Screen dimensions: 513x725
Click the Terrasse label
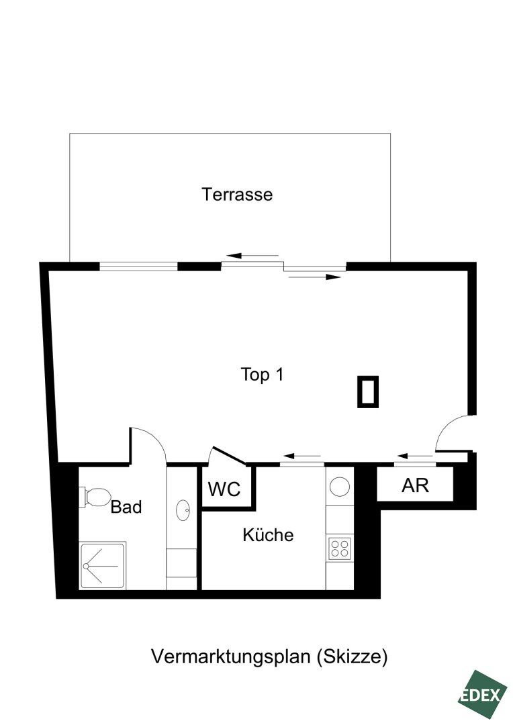(x=237, y=194)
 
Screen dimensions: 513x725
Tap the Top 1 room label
(x=262, y=374)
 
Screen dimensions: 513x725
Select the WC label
(x=224, y=489)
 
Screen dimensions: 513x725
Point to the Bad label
(x=126, y=507)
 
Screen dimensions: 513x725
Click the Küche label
(x=269, y=534)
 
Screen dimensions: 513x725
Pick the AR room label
(x=415, y=485)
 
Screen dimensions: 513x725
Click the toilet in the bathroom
(x=95, y=497)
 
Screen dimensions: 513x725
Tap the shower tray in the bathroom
(x=102, y=565)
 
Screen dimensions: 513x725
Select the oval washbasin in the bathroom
(x=183, y=510)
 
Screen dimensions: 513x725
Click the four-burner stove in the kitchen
(x=340, y=548)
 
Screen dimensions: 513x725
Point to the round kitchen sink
(x=340, y=487)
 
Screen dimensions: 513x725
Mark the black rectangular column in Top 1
(x=368, y=391)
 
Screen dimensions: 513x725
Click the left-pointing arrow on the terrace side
(x=252, y=255)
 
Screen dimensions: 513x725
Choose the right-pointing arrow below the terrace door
(x=314, y=277)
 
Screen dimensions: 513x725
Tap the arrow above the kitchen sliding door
(x=301, y=456)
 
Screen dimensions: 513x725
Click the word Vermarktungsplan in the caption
(x=230, y=657)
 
